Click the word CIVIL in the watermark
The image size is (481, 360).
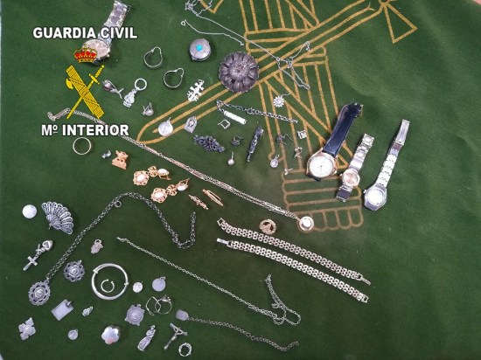[117, 33]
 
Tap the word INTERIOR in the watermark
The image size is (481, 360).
[95, 130]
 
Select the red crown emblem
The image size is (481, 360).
[86, 54]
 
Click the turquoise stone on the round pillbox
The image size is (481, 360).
[199, 47]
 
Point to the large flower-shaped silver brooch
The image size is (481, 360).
[239, 73]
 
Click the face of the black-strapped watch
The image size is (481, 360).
[322, 164]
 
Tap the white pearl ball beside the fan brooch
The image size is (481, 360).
[30, 211]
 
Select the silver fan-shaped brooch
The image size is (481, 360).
[58, 218]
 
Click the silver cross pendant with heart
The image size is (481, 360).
[38, 255]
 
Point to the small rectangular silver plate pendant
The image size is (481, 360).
[63, 309]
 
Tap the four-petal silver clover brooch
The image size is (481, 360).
[27, 329]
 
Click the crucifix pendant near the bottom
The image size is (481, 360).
[175, 336]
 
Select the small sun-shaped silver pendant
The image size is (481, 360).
[280, 100]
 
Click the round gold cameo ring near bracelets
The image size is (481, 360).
[268, 226]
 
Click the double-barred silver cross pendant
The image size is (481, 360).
[196, 90]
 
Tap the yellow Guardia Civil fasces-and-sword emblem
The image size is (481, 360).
[86, 91]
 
